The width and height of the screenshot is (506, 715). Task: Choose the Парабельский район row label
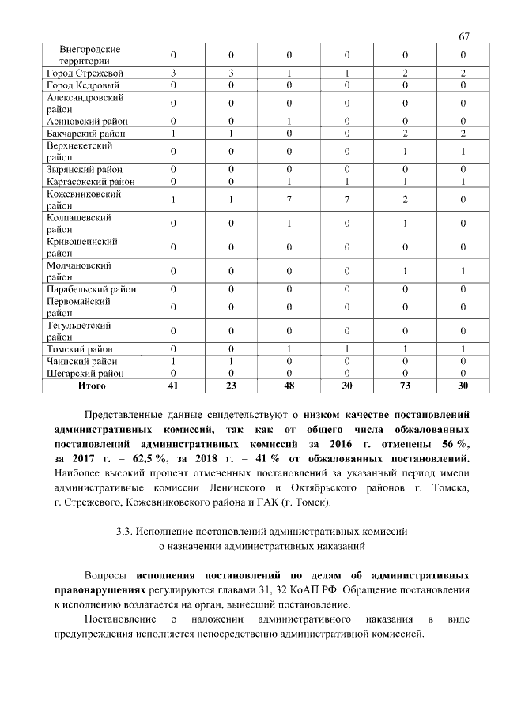[x=91, y=289]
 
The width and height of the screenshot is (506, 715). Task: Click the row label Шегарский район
[x=85, y=373]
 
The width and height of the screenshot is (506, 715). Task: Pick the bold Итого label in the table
[x=91, y=386]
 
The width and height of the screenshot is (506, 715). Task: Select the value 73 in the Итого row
[x=404, y=386]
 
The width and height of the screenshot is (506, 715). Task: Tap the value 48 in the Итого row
[x=289, y=386]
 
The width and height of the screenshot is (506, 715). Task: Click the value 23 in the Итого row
[x=231, y=386]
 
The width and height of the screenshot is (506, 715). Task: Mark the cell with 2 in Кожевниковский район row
[x=404, y=200]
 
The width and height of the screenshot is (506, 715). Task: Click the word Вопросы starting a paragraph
[x=106, y=574]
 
